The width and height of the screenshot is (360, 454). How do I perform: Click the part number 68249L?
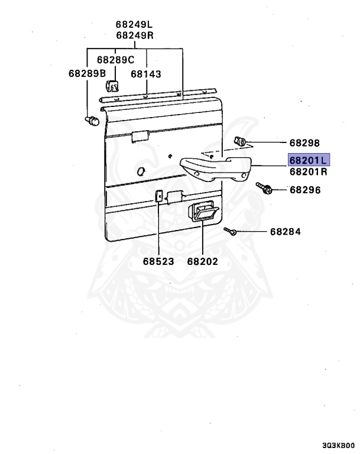[x=134, y=24]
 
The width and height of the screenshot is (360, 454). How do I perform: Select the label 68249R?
[x=134, y=35]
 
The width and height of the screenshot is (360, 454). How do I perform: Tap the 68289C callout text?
[x=116, y=60]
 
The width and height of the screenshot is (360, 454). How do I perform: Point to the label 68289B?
[x=87, y=74]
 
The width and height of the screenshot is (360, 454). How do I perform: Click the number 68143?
[x=146, y=74]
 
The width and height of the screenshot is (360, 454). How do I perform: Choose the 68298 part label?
[x=304, y=143]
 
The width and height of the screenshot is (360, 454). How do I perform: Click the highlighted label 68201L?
[x=308, y=160]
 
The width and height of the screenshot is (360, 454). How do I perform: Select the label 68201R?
[x=308, y=172]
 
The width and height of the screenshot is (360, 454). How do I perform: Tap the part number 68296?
[x=304, y=190]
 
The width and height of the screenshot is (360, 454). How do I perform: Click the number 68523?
[x=158, y=261]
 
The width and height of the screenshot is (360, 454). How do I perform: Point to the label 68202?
[x=202, y=261]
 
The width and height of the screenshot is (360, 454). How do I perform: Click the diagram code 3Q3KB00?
[x=339, y=446]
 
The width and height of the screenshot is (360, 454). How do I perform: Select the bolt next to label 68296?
[x=264, y=188]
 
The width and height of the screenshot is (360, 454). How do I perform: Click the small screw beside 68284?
[x=232, y=232]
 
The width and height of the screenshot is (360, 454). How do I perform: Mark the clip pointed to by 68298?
[x=241, y=141]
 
